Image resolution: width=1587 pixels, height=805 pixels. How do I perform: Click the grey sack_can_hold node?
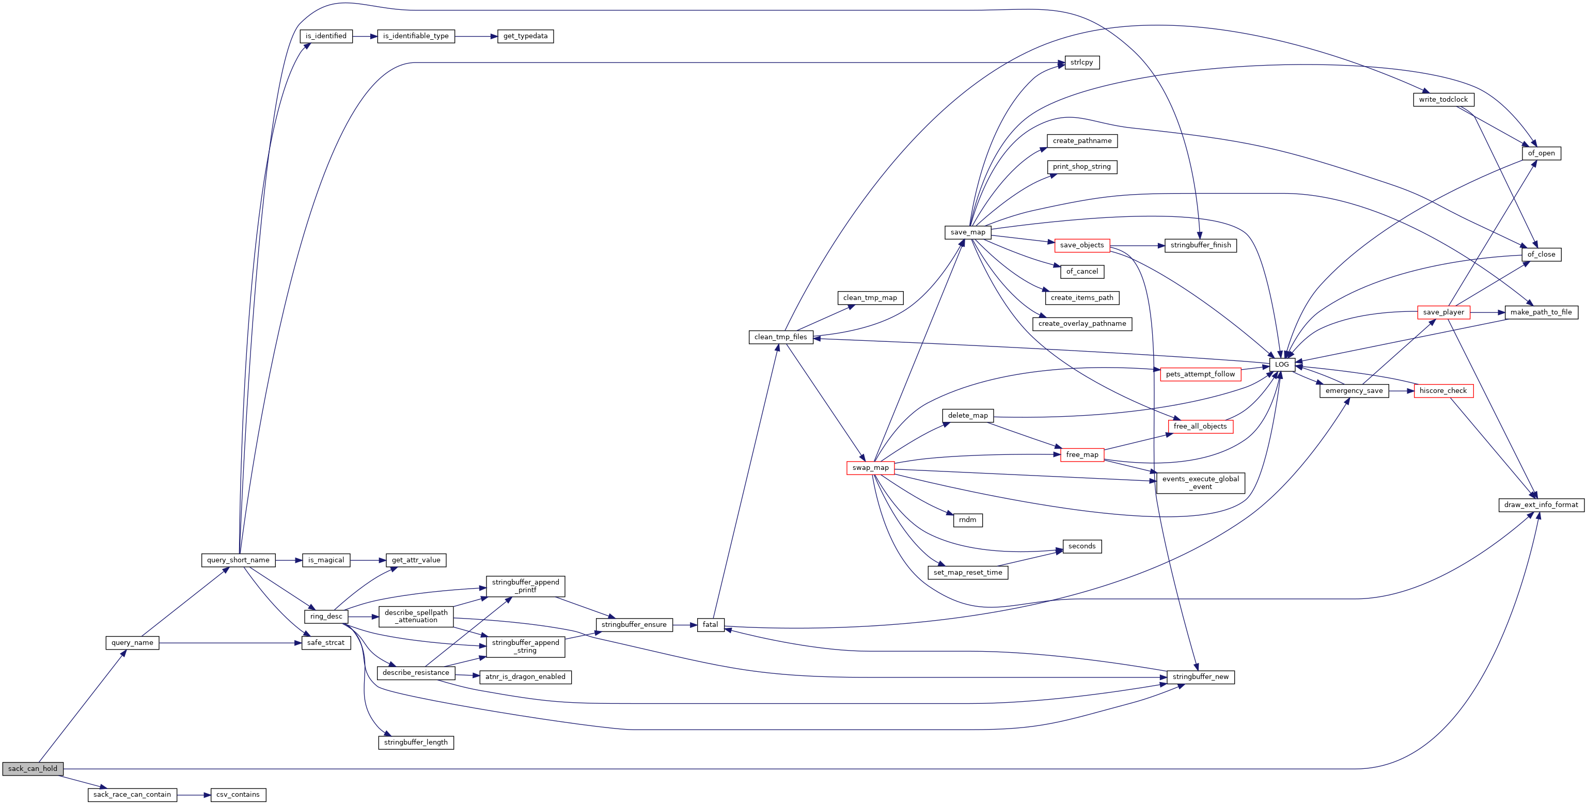tap(33, 769)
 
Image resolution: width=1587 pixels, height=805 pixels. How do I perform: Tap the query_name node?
tap(132, 643)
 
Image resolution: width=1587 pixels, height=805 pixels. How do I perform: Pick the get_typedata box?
tap(525, 36)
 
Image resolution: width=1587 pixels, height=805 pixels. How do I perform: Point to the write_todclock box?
tap(1443, 100)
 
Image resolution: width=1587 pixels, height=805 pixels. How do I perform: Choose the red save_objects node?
tap(1082, 245)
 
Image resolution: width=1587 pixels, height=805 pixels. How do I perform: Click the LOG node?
tap(1281, 365)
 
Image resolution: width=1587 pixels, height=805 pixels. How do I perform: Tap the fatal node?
tap(710, 625)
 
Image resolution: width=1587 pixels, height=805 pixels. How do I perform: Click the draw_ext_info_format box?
tap(1541, 505)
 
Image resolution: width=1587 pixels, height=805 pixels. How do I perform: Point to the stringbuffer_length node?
tap(416, 743)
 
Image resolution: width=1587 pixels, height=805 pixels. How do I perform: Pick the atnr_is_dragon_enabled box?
tap(525, 677)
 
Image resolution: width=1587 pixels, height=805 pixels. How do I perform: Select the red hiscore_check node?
tap(1443, 391)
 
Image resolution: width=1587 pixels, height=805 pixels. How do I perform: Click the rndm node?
tap(967, 520)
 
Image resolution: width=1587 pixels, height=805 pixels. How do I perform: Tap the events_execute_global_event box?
tap(1200, 483)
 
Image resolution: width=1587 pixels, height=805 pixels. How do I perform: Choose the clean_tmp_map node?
tap(870, 298)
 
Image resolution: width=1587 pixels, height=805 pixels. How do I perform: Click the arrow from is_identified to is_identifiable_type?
tap(365, 36)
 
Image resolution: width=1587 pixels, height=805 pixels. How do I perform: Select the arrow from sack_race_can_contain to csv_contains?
tap(194, 795)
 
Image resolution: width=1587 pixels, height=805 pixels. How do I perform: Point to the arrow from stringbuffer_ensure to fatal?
tap(684, 625)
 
